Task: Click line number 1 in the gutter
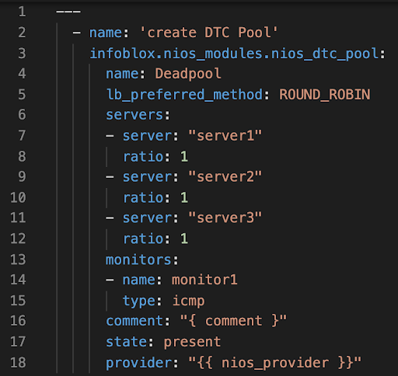coord(22,12)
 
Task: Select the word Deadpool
coord(188,74)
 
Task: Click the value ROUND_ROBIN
coord(325,94)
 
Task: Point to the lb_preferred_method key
coord(185,95)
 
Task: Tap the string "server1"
coord(225,135)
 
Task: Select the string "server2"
coord(225,176)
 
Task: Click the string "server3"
coord(225,218)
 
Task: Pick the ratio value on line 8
coord(184,156)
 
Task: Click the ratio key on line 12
coord(143,238)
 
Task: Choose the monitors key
coord(138,259)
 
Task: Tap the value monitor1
coord(204,280)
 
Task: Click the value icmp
coord(188,301)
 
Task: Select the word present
coord(192,342)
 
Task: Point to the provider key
coord(138,363)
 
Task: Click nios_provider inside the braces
coord(275,363)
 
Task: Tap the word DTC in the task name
coord(217,33)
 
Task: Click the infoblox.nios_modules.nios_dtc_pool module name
coord(234,54)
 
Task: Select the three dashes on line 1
coord(68,12)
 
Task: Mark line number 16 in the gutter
coord(18,321)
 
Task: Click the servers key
coord(134,115)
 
